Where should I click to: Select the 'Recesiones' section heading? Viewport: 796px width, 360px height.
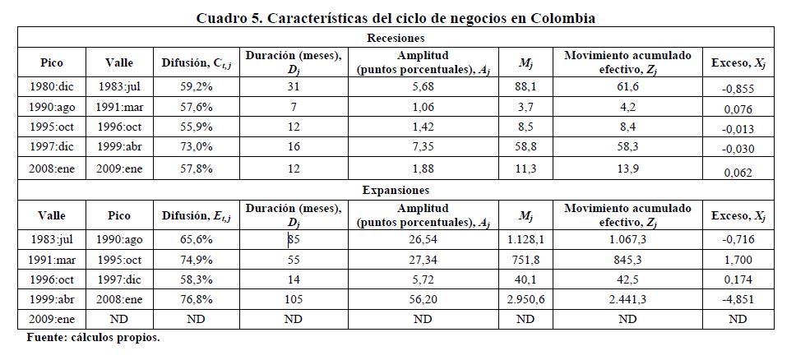pyautogui.click(x=396, y=38)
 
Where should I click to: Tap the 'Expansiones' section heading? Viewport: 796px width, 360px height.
pyautogui.click(x=396, y=190)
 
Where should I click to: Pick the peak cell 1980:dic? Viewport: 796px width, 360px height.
pyautogui.click(x=51, y=85)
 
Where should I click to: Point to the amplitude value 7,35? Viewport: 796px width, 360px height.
pyautogui.click(x=421, y=149)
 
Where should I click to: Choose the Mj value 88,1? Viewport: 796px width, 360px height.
pyautogui.click(x=525, y=85)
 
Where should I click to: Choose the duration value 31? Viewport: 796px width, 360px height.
pyautogui.click(x=293, y=85)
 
